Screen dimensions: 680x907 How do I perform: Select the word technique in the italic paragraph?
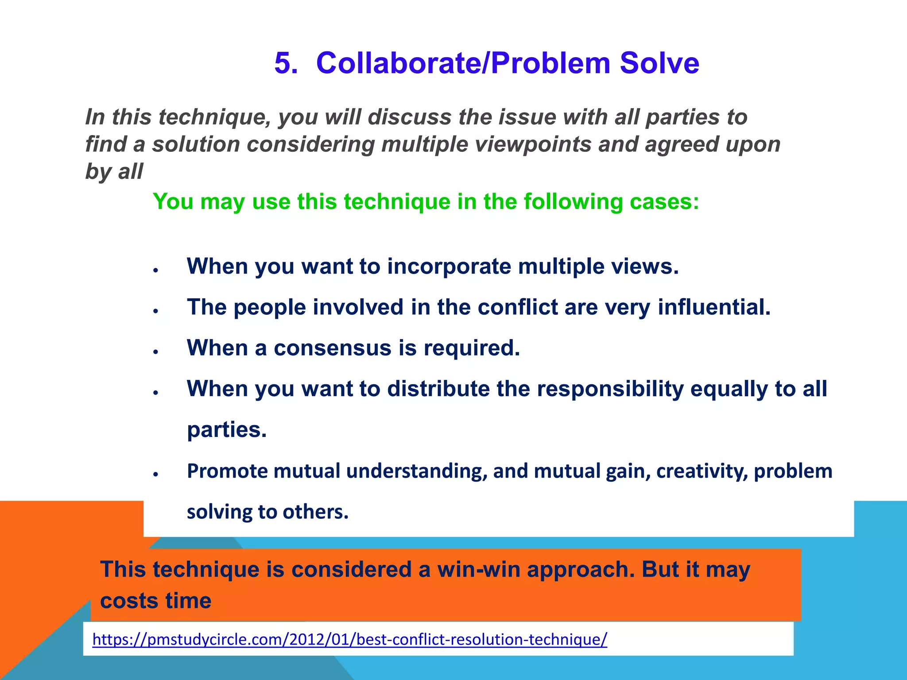pyautogui.click(x=214, y=118)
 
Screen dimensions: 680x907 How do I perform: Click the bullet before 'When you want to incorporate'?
pyautogui.click(x=156, y=270)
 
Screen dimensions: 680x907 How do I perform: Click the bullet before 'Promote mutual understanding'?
pyautogui.click(x=156, y=475)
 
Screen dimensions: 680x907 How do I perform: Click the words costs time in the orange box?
pyautogui.click(x=155, y=601)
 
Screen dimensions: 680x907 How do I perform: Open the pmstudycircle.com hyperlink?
pyautogui.click(x=349, y=639)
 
